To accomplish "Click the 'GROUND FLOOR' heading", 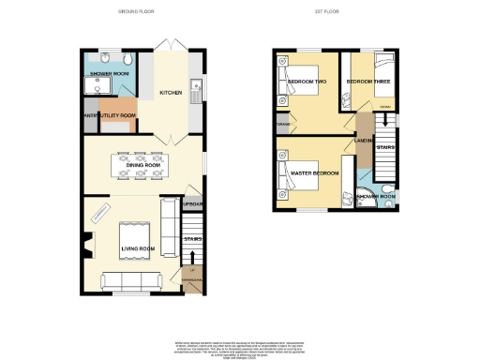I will [136, 11].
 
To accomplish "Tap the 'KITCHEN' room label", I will [171, 93].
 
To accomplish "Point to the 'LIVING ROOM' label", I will [137, 247].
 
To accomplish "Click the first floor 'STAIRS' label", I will [383, 146].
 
